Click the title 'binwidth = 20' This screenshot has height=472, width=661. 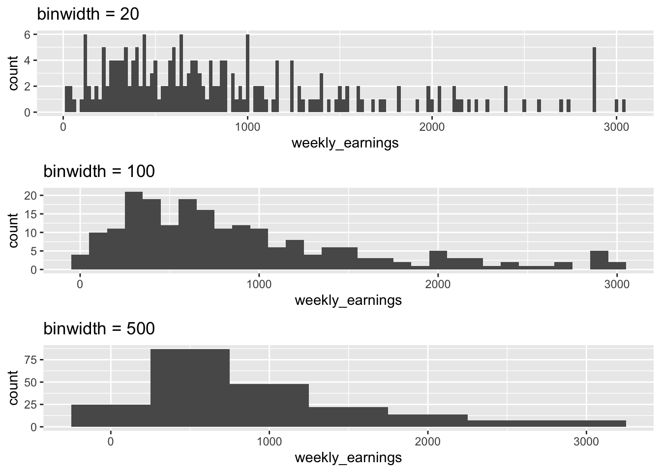(88, 14)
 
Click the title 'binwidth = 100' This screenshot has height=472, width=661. (99, 171)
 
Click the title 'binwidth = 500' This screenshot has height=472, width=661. (99, 328)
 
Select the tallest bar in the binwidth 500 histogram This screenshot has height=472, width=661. (190, 388)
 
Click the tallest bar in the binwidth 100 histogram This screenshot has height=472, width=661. (134, 231)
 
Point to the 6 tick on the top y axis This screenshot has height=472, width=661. (28, 35)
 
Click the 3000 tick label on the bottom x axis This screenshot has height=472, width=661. (586, 442)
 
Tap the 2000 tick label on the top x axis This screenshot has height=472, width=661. (432, 127)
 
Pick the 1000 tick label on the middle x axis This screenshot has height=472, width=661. (259, 284)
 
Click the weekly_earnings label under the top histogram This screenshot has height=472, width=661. (345, 143)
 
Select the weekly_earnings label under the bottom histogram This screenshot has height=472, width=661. (348, 458)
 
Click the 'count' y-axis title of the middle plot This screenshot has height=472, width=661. (14, 230)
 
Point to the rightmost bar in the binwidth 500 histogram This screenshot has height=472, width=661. (546, 423)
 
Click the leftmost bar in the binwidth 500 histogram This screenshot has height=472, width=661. (111, 416)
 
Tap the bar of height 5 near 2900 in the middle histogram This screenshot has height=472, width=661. (599, 261)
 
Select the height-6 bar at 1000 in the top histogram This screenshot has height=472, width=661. (247, 74)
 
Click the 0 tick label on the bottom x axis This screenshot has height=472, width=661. (111, 442)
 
